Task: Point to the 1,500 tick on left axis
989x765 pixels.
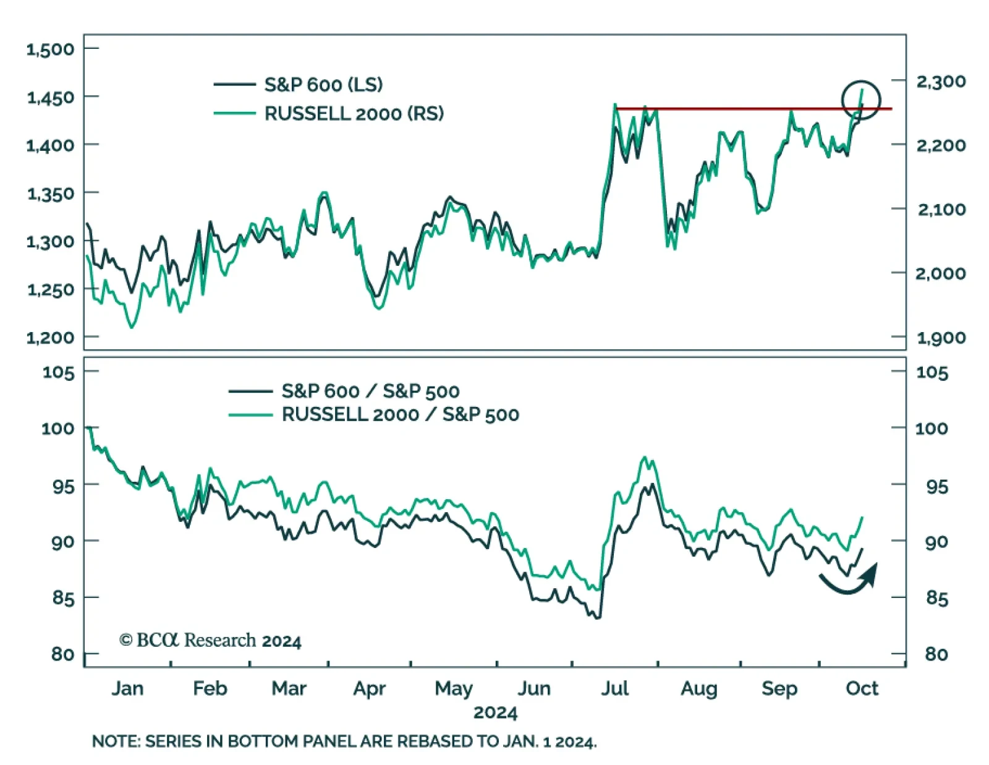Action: coord(50,49)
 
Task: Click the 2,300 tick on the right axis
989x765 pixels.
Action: coord(941,82)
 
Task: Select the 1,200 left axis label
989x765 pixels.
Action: coord(50,338)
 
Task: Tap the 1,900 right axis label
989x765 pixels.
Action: coord(941,338)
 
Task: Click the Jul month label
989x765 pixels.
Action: coord(614,688)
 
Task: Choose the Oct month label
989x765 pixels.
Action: coord(862,688)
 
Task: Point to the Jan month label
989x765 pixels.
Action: coord(127,688)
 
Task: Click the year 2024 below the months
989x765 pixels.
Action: coord(495,712)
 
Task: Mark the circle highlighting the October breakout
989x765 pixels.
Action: coord(860,100)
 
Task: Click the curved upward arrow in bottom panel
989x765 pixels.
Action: coord(850,580)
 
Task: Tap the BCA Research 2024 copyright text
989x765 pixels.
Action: coord(210,641)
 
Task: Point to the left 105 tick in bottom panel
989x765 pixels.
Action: coord(58,372)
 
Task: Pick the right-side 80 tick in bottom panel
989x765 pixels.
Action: coord(936,654)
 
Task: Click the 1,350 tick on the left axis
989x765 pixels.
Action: coord(50,194)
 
